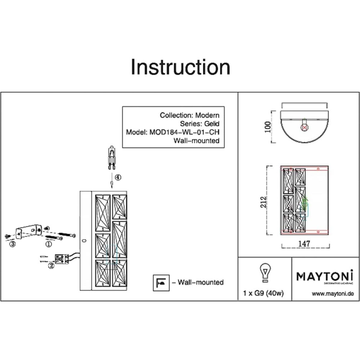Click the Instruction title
(180, 67)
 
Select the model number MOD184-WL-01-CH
(184, 132)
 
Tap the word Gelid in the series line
(211, 124)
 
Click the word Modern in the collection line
(207, 115)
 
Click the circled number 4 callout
(118, 178)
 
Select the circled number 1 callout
(49, 244)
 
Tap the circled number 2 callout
(51, 265)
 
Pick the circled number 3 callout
(12, 244)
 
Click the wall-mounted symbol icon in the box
(161, 283)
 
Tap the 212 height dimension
(263, 202)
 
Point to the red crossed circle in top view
(304, 127)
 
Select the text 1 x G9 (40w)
(263, 293)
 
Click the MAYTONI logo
(325, 276)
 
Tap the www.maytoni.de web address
(333, 294)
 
